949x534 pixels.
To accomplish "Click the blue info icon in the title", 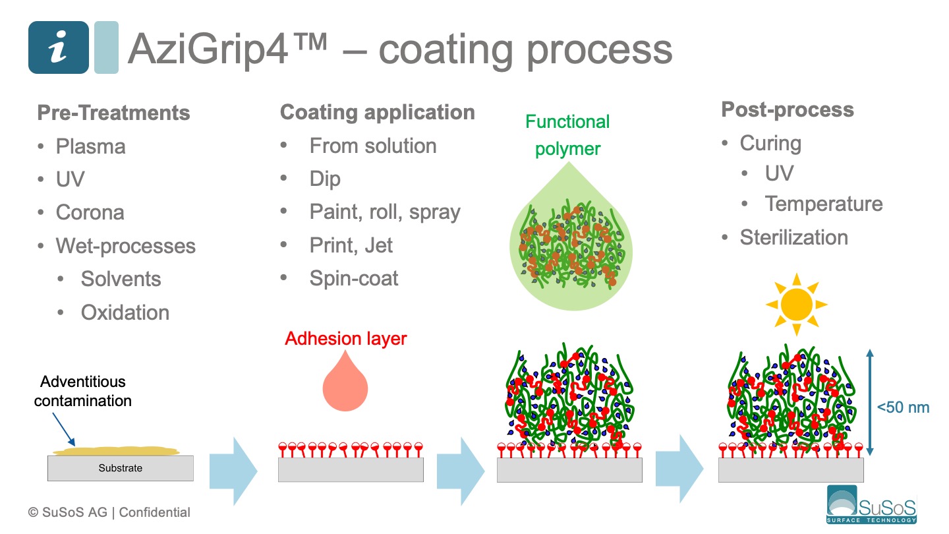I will [x=58, y=47].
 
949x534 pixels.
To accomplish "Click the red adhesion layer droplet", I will [x=345, y=384].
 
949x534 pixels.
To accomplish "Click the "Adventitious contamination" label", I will [x=83, y=391].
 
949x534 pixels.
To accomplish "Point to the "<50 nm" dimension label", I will [x=903, y=407].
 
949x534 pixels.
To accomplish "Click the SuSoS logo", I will [x=871, y=505].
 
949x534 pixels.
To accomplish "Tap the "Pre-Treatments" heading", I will [x=113, y=113].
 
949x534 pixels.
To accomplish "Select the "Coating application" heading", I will [x=377, y=112].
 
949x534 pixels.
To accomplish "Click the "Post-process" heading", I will [x=788, y=109].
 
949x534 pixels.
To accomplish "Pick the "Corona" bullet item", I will [x=90, y=212].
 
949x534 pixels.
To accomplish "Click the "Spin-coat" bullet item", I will [x=354, y=278].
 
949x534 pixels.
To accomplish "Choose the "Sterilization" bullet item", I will [x=793, y=237].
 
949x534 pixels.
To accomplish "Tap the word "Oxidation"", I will [x=125, y=312].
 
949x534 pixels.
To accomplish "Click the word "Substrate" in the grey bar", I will [x=120, y=468].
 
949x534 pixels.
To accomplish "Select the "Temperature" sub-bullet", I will [x=824, y=204].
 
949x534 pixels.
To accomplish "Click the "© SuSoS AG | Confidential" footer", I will [x=109, y=512].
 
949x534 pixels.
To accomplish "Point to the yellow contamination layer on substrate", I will [x=116, y=452].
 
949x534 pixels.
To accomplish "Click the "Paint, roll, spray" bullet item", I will [x=385, y=212].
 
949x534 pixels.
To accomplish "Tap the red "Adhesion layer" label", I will [x=346, y=339].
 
